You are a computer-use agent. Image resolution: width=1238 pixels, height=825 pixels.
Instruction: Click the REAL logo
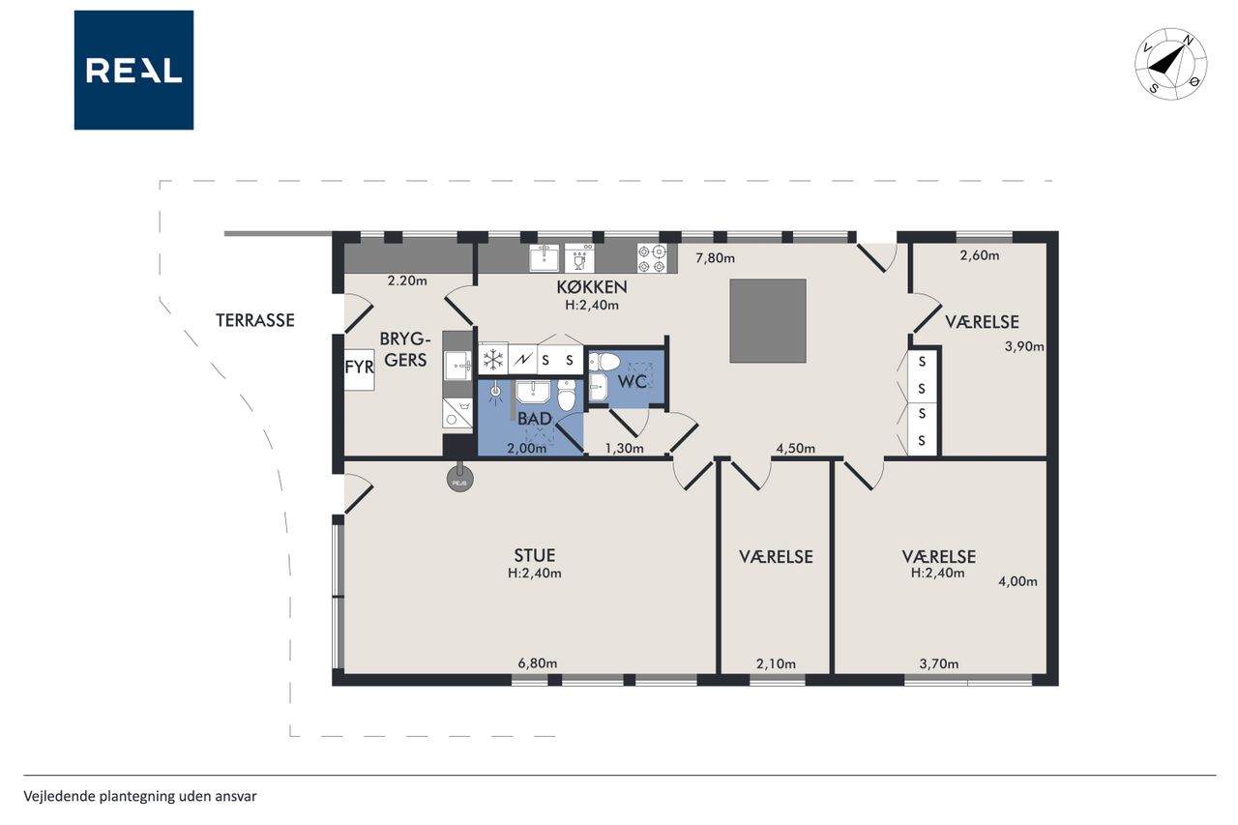[133, 71]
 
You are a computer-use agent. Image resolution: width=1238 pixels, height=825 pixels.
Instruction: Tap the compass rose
[1170, 64]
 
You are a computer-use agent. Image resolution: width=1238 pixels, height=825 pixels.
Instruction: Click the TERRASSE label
[254, 320]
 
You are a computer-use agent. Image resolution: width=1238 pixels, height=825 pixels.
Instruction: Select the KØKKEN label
[591, 287]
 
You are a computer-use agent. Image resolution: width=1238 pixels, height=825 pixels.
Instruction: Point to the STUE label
[535, 555]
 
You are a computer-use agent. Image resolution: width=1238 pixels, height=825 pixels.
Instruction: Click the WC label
[633, 381]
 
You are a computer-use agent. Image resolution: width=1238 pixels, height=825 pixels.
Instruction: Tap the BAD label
[535, 419]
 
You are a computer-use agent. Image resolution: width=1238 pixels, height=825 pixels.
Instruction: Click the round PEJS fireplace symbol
[459, 478]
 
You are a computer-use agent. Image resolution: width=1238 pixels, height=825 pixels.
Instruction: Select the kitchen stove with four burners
[652, 258]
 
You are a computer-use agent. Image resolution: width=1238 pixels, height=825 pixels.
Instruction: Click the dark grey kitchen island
[768, 321]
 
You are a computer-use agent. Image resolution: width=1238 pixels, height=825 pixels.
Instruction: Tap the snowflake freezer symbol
[493, 361]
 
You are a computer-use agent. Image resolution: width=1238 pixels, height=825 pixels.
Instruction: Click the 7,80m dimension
[715, 258]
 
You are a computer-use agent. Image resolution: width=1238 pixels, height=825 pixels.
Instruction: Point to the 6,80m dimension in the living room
[537, 663]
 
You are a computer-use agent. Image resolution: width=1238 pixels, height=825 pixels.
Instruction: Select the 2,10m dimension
[776, 663]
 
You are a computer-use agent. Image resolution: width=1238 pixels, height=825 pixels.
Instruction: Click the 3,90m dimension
[1024, 346]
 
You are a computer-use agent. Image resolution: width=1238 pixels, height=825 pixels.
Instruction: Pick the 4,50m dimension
[795, 448]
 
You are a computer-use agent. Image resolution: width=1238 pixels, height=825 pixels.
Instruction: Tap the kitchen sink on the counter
[545, 258]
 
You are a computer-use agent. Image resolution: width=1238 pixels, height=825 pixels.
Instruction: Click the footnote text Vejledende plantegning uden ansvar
[140, 796]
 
